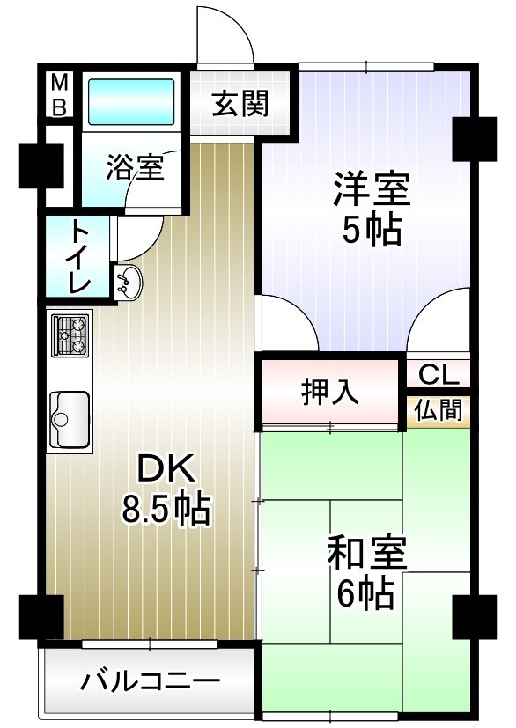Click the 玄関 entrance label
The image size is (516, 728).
pos(240,105)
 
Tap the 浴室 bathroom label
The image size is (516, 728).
pos(135,167)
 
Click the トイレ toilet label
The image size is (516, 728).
pos(79,257)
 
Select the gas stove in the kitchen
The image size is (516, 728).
pos(70,335)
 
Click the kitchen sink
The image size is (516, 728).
pos(69,419)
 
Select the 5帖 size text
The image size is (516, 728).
pos(371,231)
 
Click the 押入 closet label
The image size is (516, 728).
pos(330,392)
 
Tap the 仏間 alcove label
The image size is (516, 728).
pos(438,409)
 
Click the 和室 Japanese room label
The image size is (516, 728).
pos(365,556)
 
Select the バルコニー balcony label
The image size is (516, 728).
pos(151,680)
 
